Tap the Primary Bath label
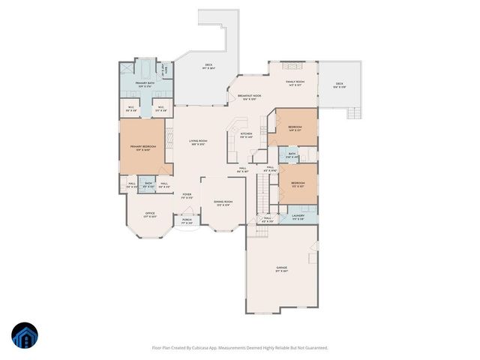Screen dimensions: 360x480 [145, 84]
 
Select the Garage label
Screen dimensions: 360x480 [282, 268]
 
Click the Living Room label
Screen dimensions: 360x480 [198, 142]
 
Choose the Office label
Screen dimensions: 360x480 [150, 214]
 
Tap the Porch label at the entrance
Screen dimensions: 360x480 [187, 221]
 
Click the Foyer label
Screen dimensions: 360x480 [187, 196]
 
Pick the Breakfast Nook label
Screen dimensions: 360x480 [249, 97]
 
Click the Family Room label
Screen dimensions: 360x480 [294, 83]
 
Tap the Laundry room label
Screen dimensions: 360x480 [298, 218]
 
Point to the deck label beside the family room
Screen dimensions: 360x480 [339, 85]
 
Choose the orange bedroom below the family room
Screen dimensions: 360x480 [295, 128]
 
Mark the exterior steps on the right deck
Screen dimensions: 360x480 [351, 113]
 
